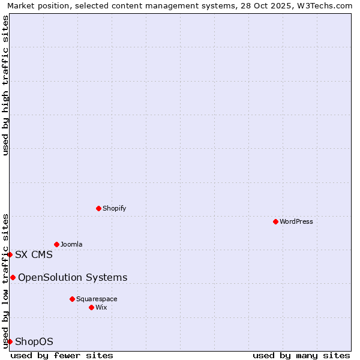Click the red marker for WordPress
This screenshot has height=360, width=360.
[x=275, y=221]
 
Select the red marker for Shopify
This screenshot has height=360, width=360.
[x=98, y=208]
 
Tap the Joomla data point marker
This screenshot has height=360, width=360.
[x=56, y=244]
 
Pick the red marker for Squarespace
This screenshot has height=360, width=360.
[x=72, y=299]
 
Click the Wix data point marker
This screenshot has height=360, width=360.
[x=91, y=307]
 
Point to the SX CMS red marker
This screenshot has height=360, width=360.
[x=10, y=254]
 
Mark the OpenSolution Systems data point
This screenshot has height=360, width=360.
[x=13, y=277]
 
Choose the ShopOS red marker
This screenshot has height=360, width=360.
[x=10, y=341]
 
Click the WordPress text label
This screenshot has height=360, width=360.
[x=296, y=221]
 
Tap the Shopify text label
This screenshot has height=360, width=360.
[x=115, y=208]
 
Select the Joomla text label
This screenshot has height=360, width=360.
[x=71, y=244]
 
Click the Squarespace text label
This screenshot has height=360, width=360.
[x=97, y=299]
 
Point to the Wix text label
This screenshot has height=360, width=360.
[x=101, y=307]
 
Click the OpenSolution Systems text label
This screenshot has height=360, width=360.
[x=73, y=277]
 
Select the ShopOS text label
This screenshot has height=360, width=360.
[x=34, y=341]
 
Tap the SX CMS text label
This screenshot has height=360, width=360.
[x=34, y=254]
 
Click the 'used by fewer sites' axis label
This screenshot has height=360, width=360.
[x=62, y=355]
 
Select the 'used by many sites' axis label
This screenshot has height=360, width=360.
[x=301, y=355]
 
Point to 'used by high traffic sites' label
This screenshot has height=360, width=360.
[x=5, y=85]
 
